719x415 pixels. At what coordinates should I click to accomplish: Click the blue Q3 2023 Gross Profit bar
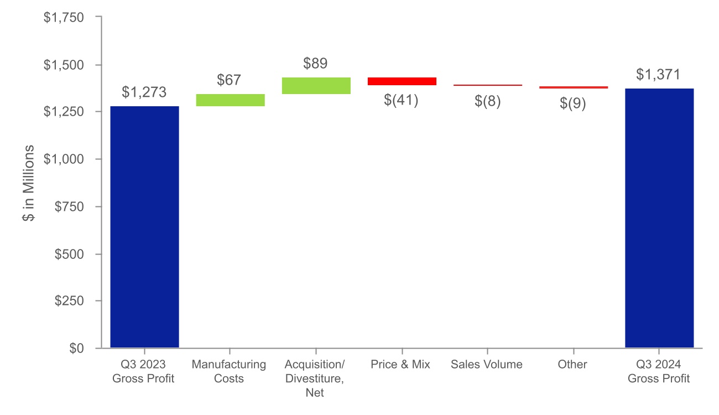144,227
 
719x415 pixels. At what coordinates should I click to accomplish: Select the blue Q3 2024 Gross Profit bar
659,218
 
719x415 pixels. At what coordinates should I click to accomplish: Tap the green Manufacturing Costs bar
230,100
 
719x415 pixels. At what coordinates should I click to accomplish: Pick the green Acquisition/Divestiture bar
316,86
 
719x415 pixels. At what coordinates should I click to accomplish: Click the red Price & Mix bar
402,81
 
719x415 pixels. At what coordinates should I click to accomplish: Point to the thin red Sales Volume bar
488,85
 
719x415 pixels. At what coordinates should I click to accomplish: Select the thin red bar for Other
574,87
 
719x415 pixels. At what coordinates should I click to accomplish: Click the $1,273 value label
144,92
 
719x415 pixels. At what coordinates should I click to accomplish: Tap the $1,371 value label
658,75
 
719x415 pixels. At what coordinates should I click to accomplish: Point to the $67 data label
230,80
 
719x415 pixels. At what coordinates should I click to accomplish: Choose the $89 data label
315,64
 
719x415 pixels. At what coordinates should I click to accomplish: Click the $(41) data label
402,100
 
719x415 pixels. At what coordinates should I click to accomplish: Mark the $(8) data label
488,102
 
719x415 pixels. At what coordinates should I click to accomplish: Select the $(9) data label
574,103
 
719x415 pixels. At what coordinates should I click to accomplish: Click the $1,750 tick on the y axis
64,18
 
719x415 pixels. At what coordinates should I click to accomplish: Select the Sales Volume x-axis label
487,365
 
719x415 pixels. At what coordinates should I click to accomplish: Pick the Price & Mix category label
400,365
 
